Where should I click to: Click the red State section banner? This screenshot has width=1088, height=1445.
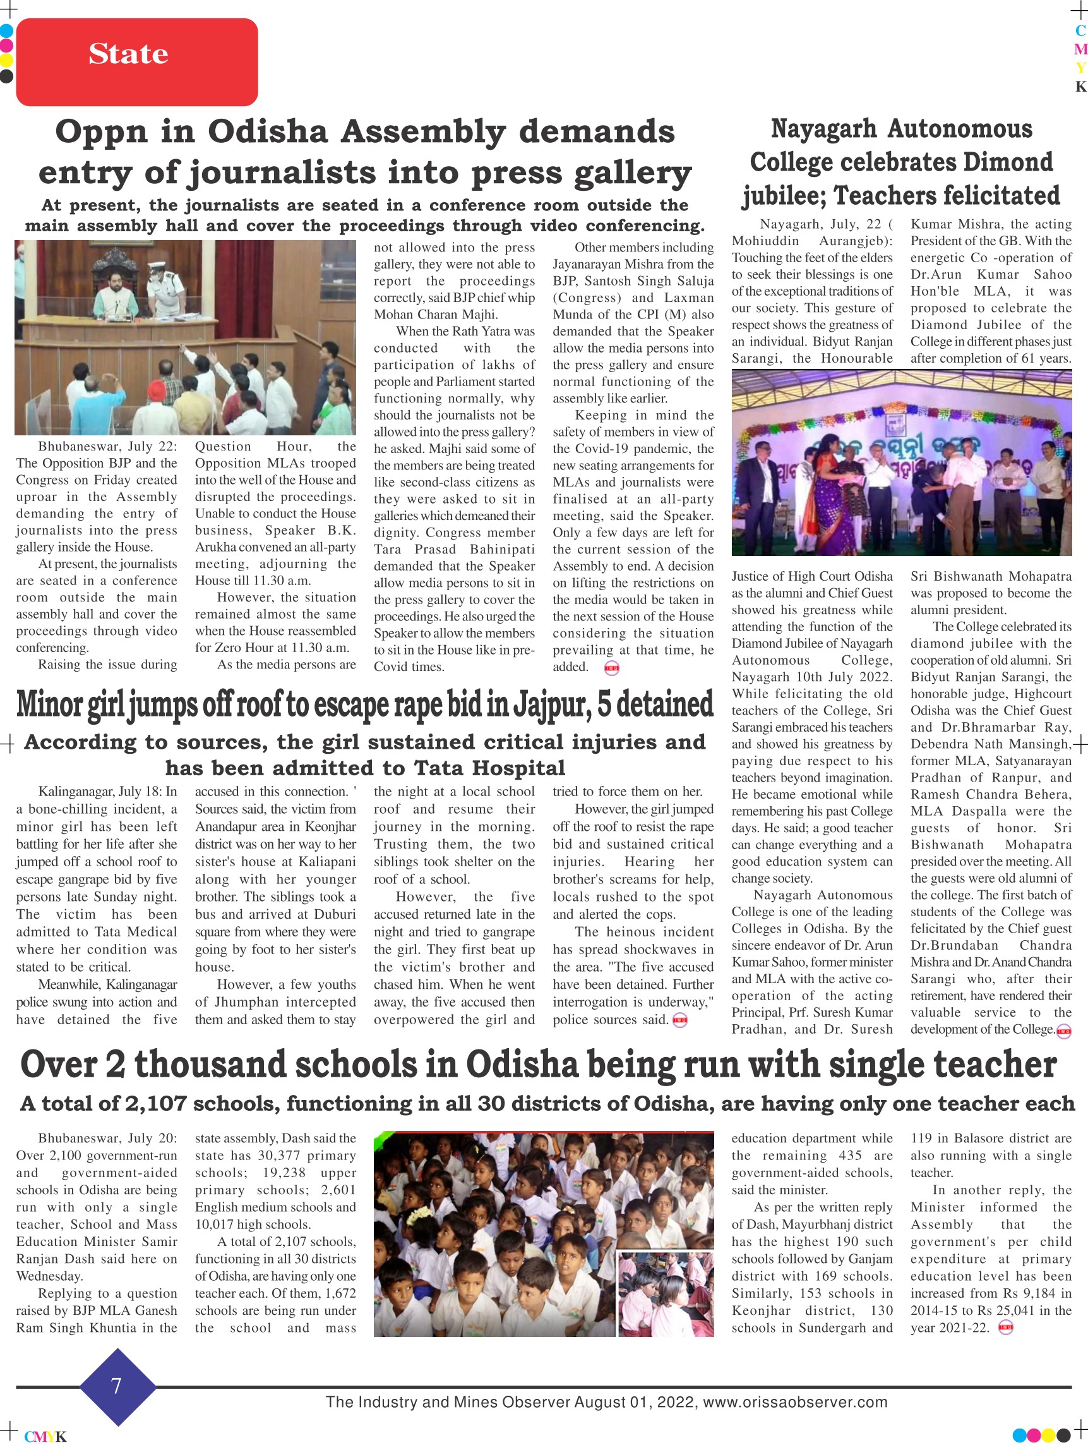[x=136, y=62]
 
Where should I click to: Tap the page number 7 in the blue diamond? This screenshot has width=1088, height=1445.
[x=117, y=1386]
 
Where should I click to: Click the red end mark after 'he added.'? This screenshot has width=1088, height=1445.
[x=612, y=668]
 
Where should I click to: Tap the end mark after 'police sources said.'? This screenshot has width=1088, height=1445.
[x=680, y=1020]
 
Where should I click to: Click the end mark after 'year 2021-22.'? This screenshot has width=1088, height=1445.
[x=1006, y=1327]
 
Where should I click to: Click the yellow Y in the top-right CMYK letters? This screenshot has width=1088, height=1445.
[x=1080, y=67]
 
